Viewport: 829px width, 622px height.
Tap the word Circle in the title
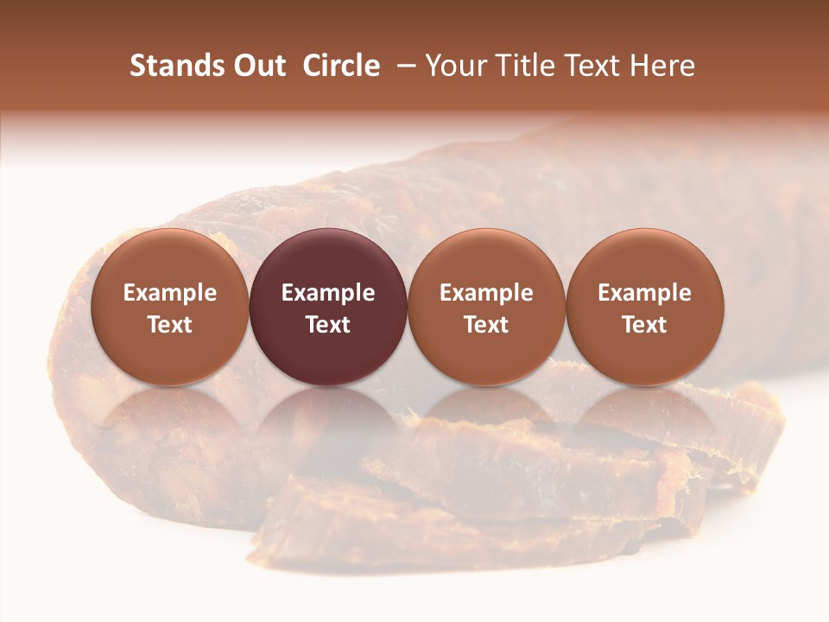coord(341,66)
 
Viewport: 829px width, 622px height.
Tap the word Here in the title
coord(663,66)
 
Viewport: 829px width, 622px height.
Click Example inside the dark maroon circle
coord(328,293)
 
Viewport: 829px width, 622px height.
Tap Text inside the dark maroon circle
coord(328,325)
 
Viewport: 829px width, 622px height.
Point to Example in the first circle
coord(169,293)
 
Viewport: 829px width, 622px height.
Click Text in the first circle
coord(169,325)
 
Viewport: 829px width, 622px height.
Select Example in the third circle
coord(486,293)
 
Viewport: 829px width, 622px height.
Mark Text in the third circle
coord(486,325)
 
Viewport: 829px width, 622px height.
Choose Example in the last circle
coord(644,293)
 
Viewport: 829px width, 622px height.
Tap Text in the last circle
coord(644,325)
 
